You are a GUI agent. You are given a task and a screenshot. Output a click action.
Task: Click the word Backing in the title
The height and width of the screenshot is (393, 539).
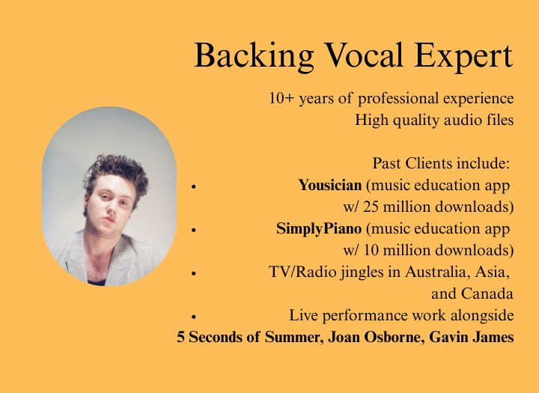point(254,56)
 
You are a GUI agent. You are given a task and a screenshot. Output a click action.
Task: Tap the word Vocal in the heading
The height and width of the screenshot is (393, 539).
point(364,55)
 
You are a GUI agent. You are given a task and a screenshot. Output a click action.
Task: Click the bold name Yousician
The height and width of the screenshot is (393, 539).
point(330,186)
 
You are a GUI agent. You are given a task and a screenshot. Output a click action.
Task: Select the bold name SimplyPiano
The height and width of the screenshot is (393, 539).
point(319,229)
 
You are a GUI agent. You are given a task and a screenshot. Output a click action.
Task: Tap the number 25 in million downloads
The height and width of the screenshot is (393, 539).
point(371,207)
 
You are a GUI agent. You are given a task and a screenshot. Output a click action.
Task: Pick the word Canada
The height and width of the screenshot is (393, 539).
point(487,293)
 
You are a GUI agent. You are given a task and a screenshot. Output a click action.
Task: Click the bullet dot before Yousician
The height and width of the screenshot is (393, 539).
point(194,186)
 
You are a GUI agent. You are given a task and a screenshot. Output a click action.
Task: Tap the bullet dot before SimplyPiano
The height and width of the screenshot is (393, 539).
point(194,230)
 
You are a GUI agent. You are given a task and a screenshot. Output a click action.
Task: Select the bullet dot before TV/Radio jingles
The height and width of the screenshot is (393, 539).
point(194,274)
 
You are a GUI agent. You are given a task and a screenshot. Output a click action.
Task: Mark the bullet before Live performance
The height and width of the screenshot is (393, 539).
point(194,317)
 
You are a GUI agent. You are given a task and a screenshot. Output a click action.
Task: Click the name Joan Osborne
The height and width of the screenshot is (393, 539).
point(374,338)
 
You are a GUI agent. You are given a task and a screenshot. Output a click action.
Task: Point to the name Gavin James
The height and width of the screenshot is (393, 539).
point(472,338)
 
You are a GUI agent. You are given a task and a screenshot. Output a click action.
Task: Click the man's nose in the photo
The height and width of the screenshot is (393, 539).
point(109,206)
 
